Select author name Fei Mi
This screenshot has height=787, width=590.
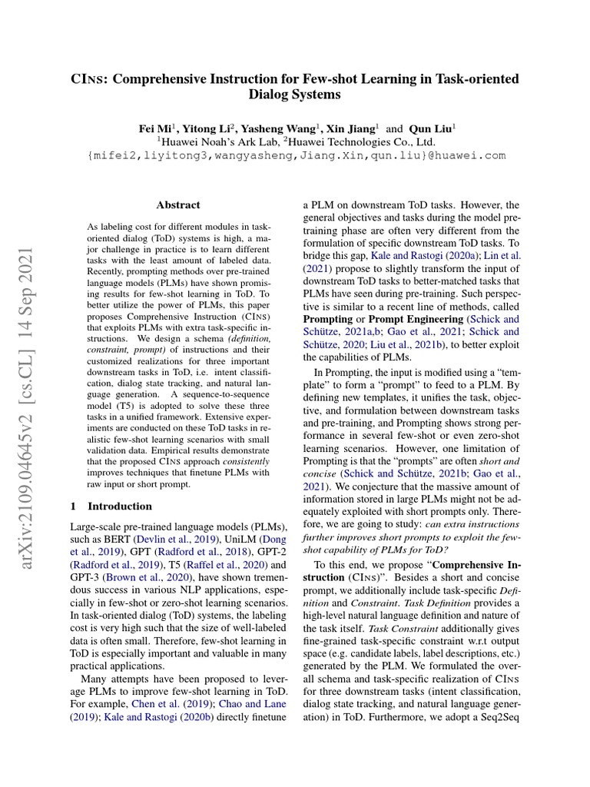(154, 128)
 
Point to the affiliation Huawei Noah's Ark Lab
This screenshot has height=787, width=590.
(217, 141)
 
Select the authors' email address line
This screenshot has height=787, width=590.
(296, 155)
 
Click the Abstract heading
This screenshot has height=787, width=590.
(177, 205)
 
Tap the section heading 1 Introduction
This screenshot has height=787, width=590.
(111, 506)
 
